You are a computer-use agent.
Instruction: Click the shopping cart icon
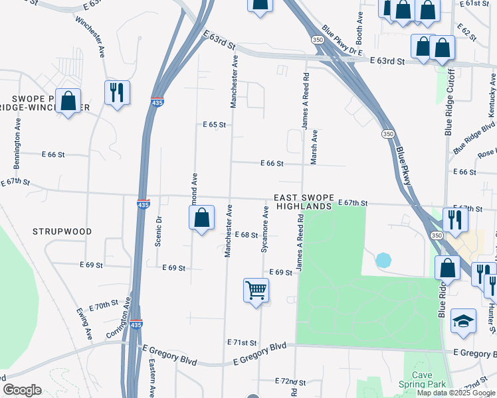tap(256, 290)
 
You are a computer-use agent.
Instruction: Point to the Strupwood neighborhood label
tap(61, 231)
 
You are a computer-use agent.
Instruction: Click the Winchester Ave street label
tap(91, 39)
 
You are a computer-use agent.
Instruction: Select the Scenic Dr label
tap(158, 231)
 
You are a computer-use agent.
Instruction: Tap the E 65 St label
tap(215, 125)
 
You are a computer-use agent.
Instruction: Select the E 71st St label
tap(242, 342)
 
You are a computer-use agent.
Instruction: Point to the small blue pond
tap(383, 260)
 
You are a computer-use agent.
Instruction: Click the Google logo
tap(22, 390)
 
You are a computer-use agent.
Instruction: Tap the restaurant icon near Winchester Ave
tap(117, 92)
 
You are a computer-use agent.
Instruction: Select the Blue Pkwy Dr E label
tap(341, 40)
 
